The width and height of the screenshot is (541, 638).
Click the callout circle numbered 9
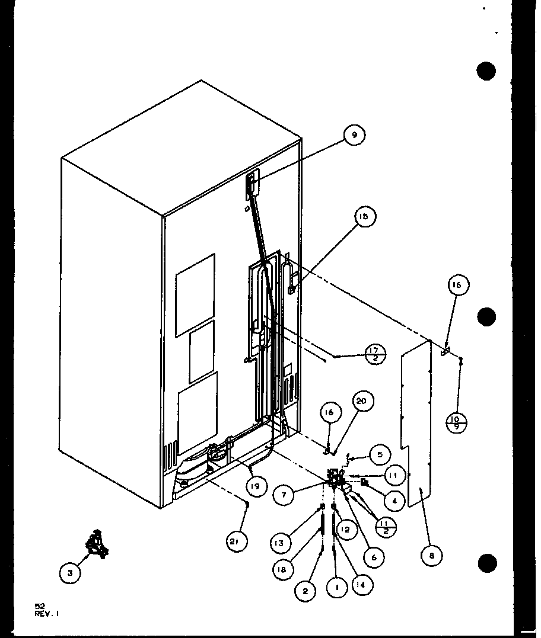point(354,136)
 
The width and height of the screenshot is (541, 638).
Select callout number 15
point(363,217)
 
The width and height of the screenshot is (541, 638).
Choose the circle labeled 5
point(380,454)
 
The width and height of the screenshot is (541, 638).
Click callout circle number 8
point(432,555)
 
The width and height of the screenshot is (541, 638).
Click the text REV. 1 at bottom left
point(47,614)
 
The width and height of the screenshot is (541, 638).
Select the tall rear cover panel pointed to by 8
point(415,427)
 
